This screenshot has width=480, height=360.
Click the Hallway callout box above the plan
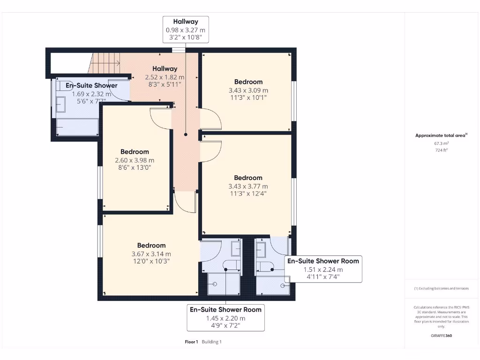[186, 30]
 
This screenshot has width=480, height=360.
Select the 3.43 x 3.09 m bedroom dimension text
[248, 90]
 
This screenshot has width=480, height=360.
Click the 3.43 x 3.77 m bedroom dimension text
[248, 187]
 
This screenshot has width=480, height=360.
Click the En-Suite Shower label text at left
[91, 86]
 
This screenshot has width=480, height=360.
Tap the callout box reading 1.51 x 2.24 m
[323, 269]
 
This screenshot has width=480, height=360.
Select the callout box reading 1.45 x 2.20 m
[225, 318]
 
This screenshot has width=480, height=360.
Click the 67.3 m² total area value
[441, 144]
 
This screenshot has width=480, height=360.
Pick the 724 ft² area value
[441, 150]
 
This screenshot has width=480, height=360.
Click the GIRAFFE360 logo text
[442, 336]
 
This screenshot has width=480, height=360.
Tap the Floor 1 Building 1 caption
[203, 342]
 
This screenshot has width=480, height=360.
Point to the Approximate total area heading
[441, 135]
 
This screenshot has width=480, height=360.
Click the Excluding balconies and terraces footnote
[441, 288]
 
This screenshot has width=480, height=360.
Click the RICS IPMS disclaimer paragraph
[441, 316]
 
